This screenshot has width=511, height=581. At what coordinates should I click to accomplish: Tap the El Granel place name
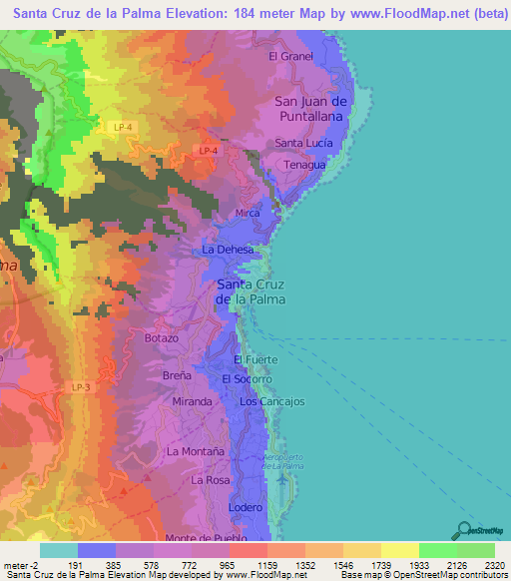(x=291, y=57)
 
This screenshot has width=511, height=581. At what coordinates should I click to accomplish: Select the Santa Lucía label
(x=303, y=143)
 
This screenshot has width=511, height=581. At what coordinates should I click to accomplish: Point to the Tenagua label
(x=303, y=165)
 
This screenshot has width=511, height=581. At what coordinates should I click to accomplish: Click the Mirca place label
(x=247, y=214)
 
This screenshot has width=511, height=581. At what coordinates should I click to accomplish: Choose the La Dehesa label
(x=228, y=249)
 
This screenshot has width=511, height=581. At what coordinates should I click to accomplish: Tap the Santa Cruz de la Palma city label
(x=252, y=291)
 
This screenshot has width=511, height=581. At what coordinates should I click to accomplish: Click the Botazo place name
(x=161, y=338)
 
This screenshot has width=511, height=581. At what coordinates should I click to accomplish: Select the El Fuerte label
(x=254, y=359)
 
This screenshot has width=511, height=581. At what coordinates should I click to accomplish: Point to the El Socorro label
(x=247, y=380)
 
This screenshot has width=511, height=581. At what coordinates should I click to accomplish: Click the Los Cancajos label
(x=271, y=401)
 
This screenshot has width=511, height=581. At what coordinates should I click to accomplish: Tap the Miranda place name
(x=192, y=401)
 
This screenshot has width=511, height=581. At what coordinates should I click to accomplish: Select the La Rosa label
(x=211, y=480)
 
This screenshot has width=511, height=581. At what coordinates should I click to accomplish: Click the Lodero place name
(x=246, y=508)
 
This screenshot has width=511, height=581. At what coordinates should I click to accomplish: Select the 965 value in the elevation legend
(x=230, y=565)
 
